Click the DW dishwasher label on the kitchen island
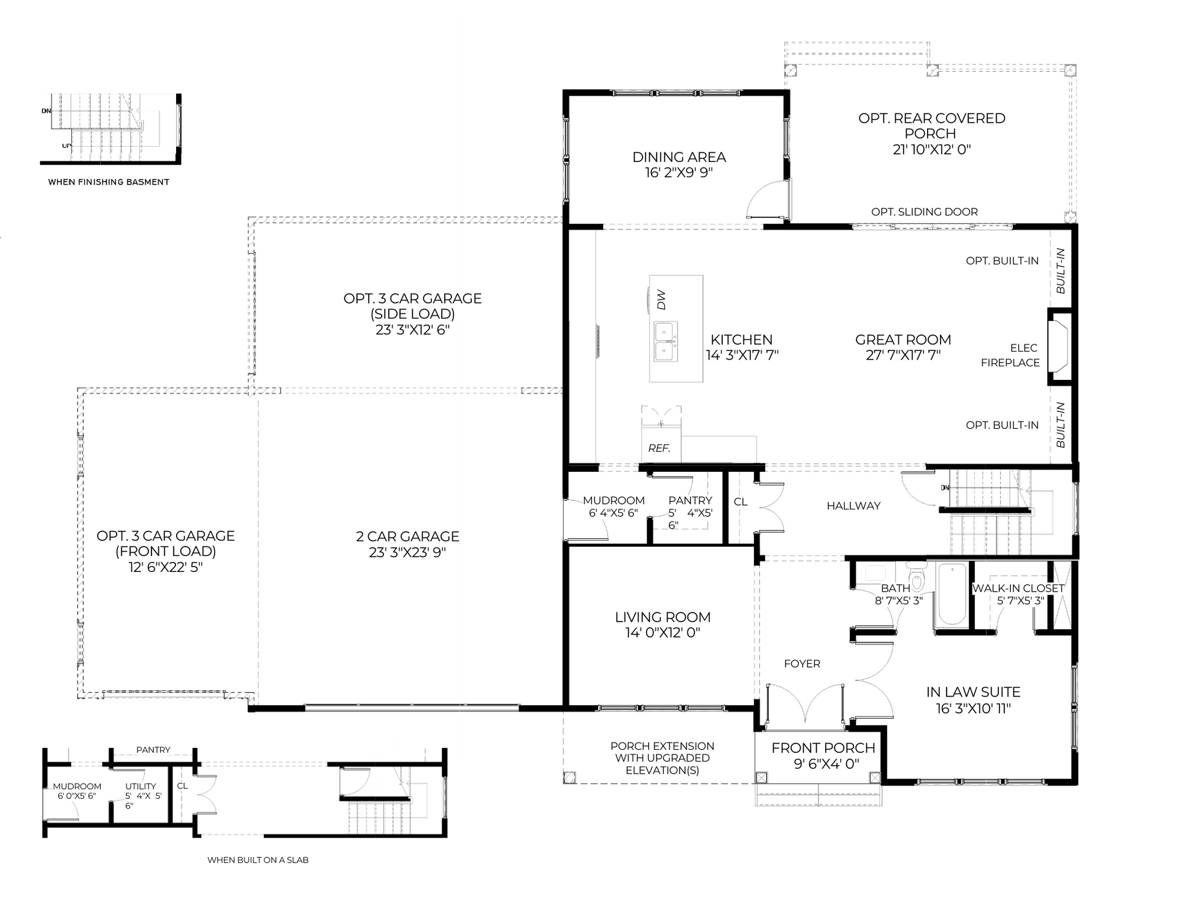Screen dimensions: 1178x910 point(661,300)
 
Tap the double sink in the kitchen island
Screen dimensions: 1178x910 point(666,341)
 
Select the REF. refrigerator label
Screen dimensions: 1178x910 point(659,448)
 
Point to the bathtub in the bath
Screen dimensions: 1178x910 point(952,594)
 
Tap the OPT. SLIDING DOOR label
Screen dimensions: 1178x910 point(925,212)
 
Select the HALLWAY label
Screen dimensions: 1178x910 point(853,506)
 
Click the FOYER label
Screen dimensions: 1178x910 point(802,663)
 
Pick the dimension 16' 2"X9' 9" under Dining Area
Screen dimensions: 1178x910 point(679,172)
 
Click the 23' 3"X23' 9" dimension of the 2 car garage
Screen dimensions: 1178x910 point(407,552)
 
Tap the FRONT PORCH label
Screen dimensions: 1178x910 point(823,748)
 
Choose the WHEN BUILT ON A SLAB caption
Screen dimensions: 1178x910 point(258,860)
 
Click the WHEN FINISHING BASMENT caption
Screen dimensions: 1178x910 point(109,182)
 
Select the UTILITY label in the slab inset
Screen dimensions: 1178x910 point(141,786)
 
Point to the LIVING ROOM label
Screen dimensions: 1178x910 point(663,617)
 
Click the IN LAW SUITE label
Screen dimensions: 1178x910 point(973,692)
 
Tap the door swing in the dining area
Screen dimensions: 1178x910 point(767,199)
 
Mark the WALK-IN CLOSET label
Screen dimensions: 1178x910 point(1018,588)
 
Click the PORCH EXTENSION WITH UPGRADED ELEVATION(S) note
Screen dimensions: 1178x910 point(662,758)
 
